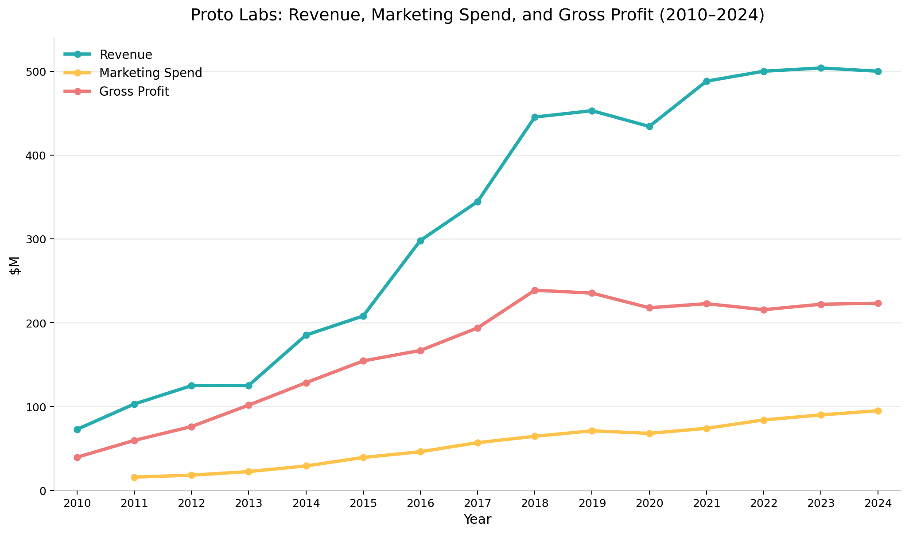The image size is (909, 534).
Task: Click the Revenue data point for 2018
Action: (x=535, y=117)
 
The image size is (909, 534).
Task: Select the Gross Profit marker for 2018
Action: (x=535, y=290)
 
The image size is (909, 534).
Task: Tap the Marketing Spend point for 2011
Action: (x=134, y=477)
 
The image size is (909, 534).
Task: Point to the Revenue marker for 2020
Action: (x=649, y=126)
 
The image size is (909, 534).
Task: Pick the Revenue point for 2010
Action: (x=77, y=429)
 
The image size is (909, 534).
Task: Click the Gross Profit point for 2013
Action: (x=249, y=405)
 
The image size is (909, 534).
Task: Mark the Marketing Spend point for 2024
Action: (x=878, y=411)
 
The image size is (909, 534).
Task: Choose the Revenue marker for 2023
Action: (x=821, y=68)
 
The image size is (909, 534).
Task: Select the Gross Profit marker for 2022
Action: (x=764, y=310)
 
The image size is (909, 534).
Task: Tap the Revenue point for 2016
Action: (x=420, y=241)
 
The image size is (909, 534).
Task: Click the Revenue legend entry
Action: (x=126, y=55)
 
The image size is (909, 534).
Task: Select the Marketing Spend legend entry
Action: (x=151, y=73)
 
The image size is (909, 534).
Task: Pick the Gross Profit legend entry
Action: (x=134, y=91)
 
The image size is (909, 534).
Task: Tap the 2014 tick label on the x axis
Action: (x=306, y=504)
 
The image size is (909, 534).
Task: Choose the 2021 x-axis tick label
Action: (x=707, y=504)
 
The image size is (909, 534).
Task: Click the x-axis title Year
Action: (x=478, y=519)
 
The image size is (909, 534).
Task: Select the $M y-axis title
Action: (x=16, y=265)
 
